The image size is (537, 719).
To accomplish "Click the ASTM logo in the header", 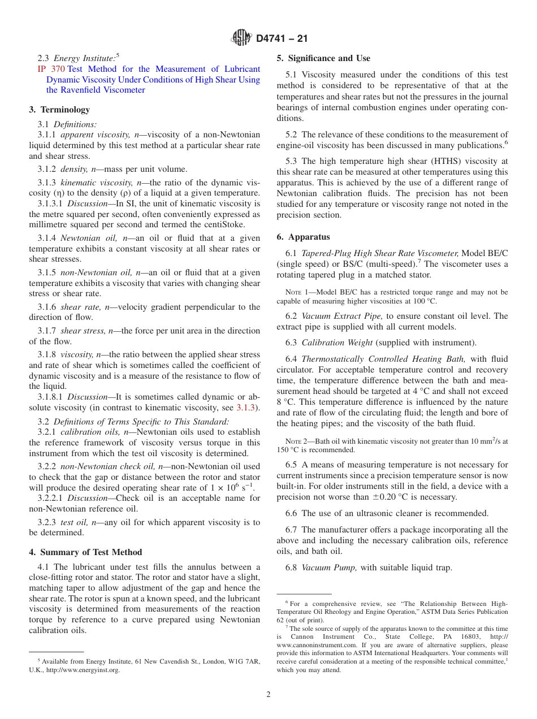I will tap(241, 38).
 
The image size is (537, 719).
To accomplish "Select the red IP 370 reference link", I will tap(50, 69).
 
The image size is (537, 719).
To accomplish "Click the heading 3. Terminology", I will tap(59, 110).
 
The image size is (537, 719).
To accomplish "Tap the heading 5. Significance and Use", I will tap(323, 58).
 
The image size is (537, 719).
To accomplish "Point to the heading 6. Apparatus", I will tap(303, 237).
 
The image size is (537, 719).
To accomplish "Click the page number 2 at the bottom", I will tap(268, 695).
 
